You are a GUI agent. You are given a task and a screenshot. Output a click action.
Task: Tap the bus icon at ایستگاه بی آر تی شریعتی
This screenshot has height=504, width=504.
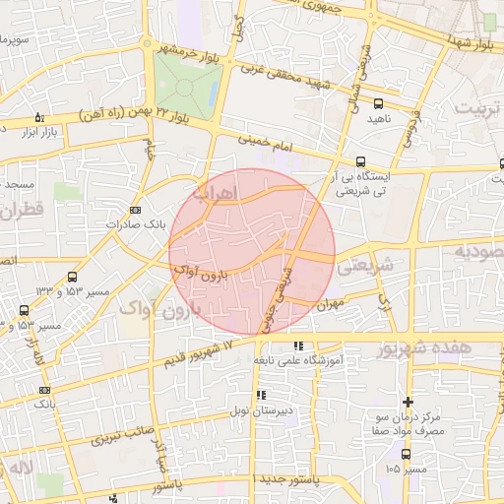361,161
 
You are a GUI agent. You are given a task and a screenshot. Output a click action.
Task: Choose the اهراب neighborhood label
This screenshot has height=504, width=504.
218,192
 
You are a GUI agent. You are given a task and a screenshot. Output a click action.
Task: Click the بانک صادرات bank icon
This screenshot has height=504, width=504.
135,209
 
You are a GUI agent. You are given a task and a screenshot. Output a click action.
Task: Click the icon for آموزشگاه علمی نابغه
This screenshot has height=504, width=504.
298,346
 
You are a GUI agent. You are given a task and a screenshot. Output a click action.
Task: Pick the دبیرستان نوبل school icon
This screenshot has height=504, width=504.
261,395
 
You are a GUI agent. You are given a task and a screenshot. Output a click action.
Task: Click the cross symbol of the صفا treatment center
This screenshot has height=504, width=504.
408,402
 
